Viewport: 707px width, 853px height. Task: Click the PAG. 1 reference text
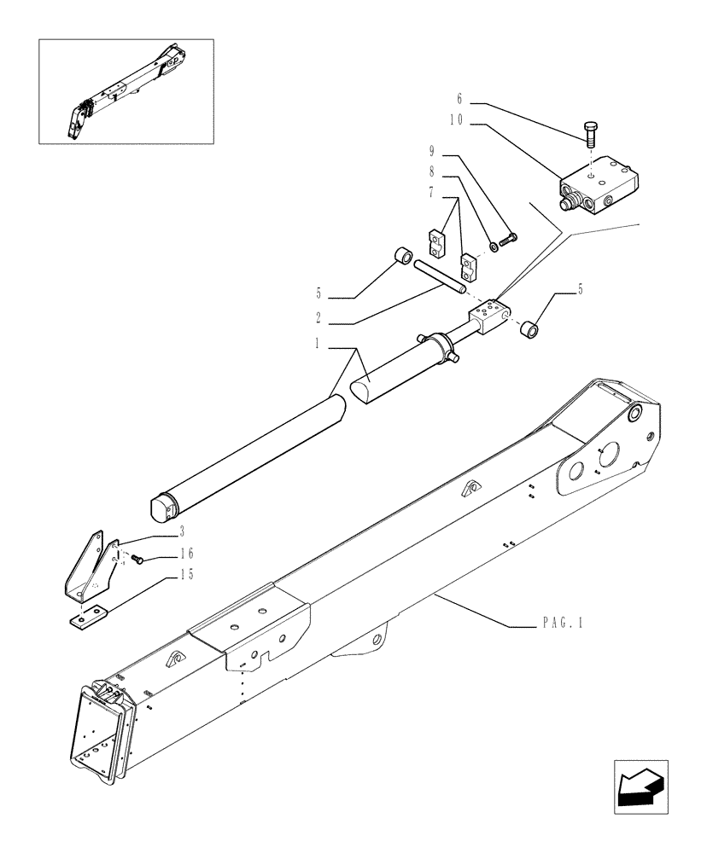pyautogui.click(x=561, y=624)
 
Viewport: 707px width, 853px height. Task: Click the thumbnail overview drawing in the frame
pyautogui.click(x=126, y=90)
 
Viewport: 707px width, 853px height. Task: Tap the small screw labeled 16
pyautogui.click(x=141, y=559)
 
